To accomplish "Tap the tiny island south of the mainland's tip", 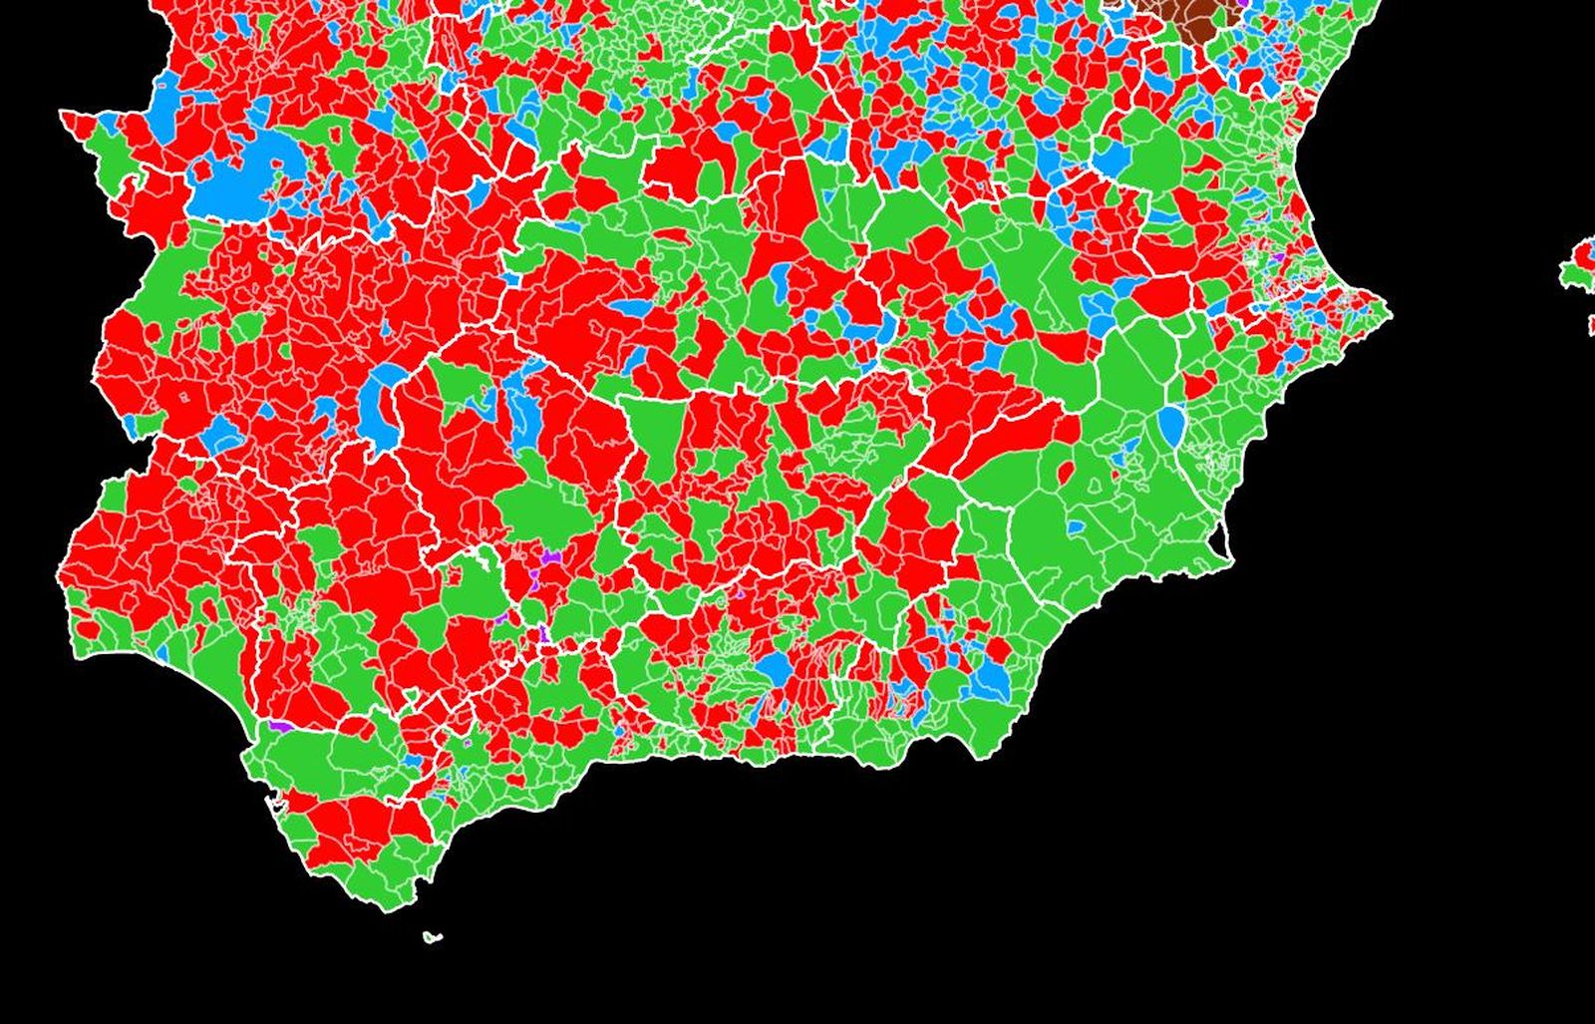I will click(431, 936).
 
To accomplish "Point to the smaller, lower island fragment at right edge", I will click(1592, 324).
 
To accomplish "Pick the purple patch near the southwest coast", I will click(280, 726).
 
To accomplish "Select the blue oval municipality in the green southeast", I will click(1170, 426).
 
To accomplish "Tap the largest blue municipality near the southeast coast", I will click(990, 679).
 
